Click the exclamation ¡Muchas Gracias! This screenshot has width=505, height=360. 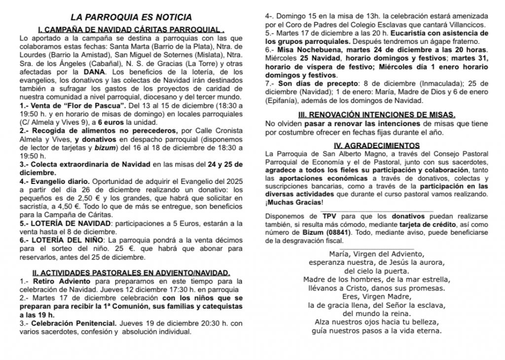[x=295, y=203]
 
